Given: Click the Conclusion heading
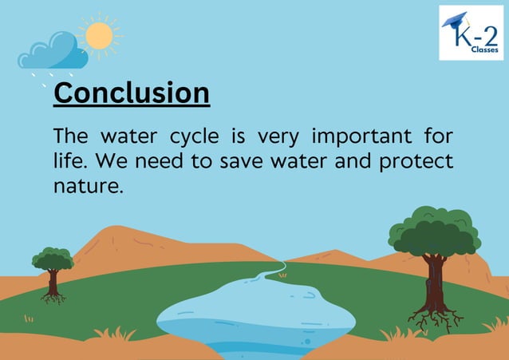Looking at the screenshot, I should (x=131, y=93).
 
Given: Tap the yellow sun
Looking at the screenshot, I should (x=99, y=36).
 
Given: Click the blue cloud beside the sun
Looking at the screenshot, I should (x=54, y=52).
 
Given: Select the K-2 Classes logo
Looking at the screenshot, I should (x=471, y=33).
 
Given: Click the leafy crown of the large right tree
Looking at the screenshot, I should (x=434, y=231).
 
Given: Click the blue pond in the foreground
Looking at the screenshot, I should (x=255, y=315).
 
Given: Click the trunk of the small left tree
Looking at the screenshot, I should (x=53, y=283).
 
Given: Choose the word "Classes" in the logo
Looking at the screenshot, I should (x=482, y=49).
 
